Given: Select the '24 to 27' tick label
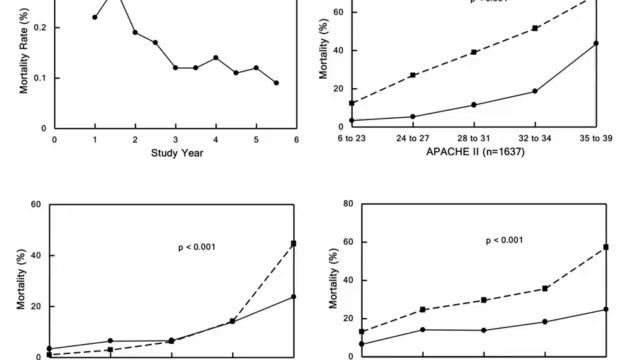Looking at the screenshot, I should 412,138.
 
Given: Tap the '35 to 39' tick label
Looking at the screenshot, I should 595,138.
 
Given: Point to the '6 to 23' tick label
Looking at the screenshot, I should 351,138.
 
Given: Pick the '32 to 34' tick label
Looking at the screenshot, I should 534,138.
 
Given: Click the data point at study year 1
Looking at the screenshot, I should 95,17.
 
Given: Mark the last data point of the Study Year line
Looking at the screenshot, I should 276,83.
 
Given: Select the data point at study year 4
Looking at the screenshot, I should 215,58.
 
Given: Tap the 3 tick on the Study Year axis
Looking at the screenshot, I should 175,139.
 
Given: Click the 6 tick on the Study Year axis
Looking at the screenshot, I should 296,139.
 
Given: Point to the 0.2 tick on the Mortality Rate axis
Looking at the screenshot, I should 39,27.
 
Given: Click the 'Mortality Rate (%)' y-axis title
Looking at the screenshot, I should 23,60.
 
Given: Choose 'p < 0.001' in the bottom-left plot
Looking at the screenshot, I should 191,247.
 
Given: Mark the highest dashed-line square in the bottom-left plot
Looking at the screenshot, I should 293,243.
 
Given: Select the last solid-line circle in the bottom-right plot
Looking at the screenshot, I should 606,309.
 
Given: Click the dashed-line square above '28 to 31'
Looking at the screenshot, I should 473,52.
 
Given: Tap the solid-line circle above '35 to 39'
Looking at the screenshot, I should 595,43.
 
